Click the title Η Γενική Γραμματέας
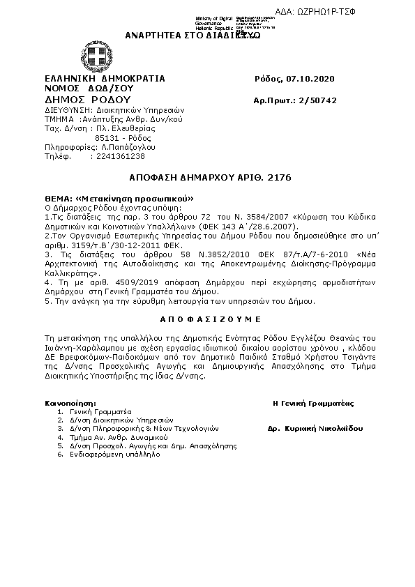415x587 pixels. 313,403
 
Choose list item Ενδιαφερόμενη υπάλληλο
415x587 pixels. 113,454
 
